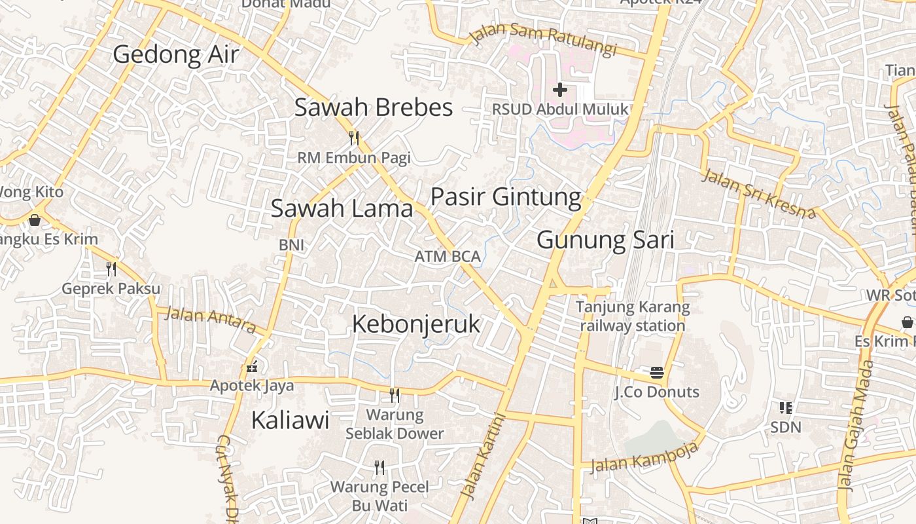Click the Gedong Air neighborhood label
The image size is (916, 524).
pos(176,54)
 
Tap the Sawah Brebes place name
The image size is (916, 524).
pos(373,107)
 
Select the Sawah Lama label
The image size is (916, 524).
pos(342,209)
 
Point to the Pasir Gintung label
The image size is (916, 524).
pos(506,196)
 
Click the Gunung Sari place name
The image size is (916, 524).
pos(605,240)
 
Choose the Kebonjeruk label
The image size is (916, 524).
pos(416,324)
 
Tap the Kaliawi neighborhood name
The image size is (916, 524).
pos(290,421)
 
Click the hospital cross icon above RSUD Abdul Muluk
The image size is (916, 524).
pos(559,90)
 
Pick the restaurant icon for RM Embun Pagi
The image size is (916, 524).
pos(354,138)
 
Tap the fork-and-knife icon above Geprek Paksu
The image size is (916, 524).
pos(111,269)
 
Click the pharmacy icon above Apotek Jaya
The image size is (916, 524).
pos(252,367)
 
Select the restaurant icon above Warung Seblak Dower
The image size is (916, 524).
pos(395,395)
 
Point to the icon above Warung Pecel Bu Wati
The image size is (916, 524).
pos(379,467)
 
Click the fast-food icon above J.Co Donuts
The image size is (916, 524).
pos(657,373)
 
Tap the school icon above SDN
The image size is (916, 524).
pos(786,408)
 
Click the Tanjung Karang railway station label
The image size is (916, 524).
pos(632,316)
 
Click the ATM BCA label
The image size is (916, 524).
pos(448,257)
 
